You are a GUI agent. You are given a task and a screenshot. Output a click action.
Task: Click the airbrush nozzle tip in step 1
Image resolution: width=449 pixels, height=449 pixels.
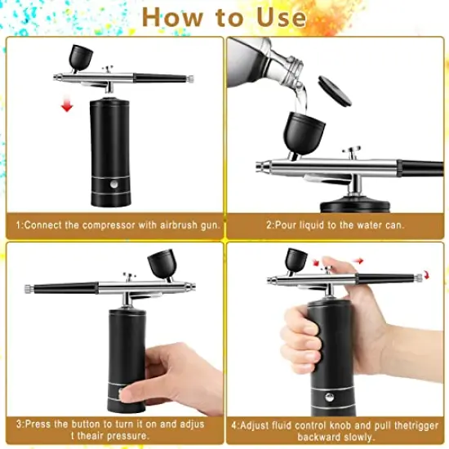(x=58, y=78)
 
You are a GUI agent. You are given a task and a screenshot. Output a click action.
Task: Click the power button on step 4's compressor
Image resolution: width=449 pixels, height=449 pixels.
(x=330, y=398)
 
